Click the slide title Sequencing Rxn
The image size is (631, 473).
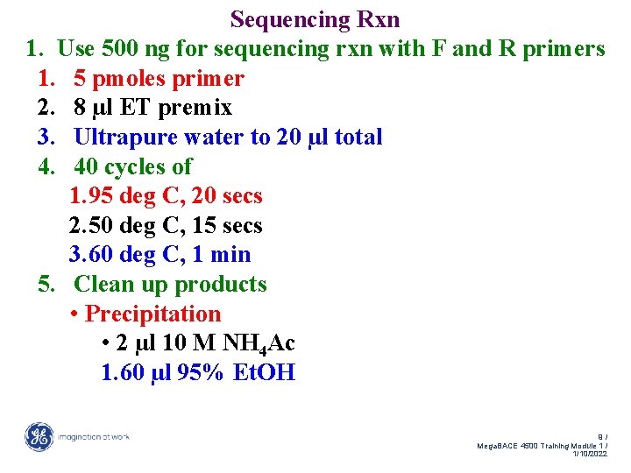pyautogui.click(x=315, y=19)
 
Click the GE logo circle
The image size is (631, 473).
pyautogui.click(x=39, y=437)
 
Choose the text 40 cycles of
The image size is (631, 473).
pyautogui.click(x=132, y=166)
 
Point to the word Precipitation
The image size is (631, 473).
pyautogui.click(x=152, y=314)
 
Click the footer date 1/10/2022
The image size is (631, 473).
pyautogui.click(x=589, y=455)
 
